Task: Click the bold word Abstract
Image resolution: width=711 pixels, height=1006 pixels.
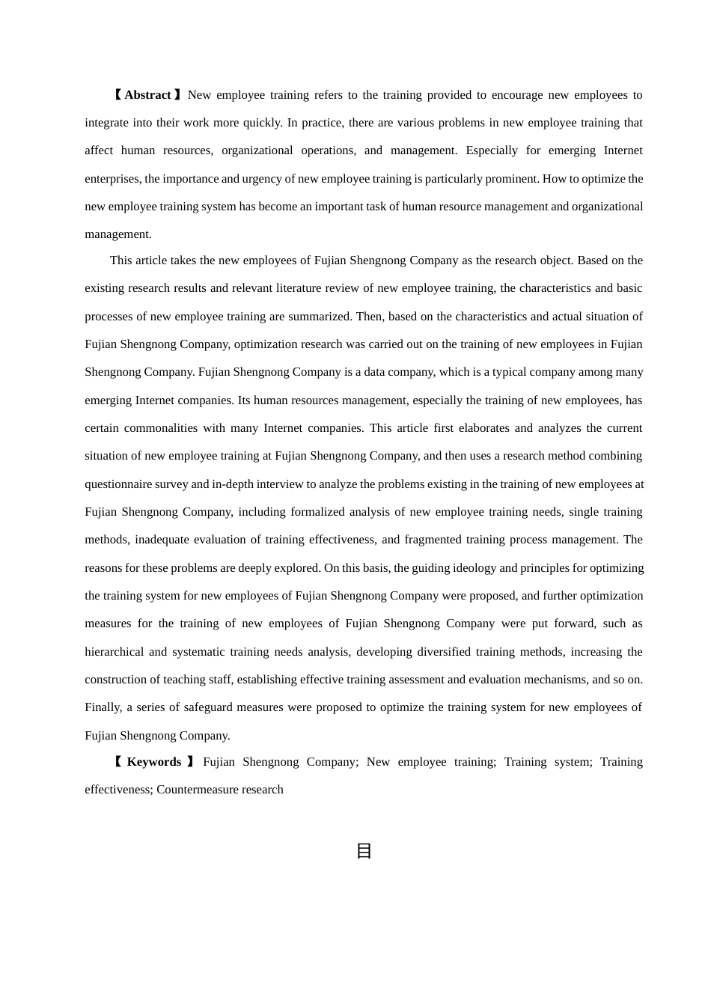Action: click(x=147, y=95)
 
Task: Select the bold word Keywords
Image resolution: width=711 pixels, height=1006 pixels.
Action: click(x=153, y=762)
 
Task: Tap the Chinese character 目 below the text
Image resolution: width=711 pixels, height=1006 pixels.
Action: click(x=364, y=851)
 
